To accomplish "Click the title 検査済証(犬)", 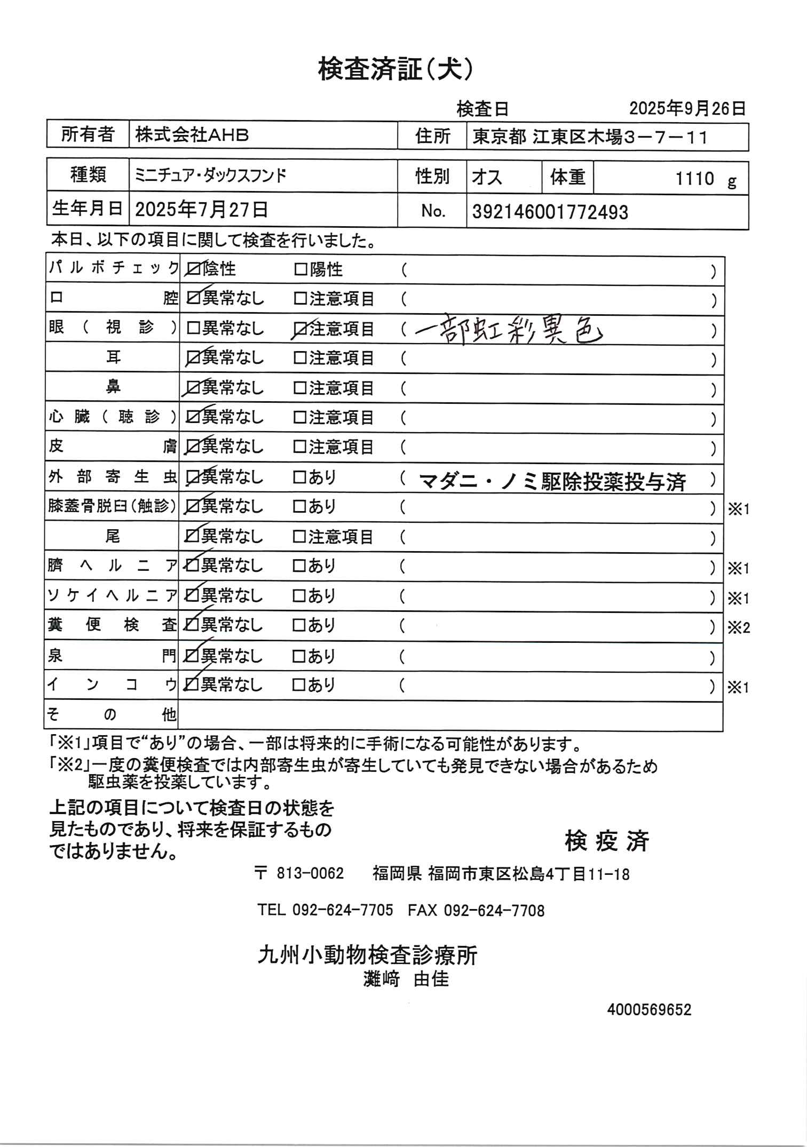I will (395, 70).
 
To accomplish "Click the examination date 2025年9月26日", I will (687, 109).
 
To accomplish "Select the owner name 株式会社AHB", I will (192, 136).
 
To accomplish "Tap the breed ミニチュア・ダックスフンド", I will (210, 175).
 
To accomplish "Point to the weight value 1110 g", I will (705, 179).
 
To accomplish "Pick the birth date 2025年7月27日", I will (201, 210).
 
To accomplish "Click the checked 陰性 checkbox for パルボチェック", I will (194, 270).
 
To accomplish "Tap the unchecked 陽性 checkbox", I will (301, 270).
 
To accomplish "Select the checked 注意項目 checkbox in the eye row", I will (301, 330).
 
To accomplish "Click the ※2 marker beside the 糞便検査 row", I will (739, 628).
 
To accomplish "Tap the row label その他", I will (112, 714).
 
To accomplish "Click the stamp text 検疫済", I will (606, 842).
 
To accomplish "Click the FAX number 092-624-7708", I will (494, 910).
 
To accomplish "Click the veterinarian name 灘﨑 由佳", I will (406, 979).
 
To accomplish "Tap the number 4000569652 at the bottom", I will (648, 1010).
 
